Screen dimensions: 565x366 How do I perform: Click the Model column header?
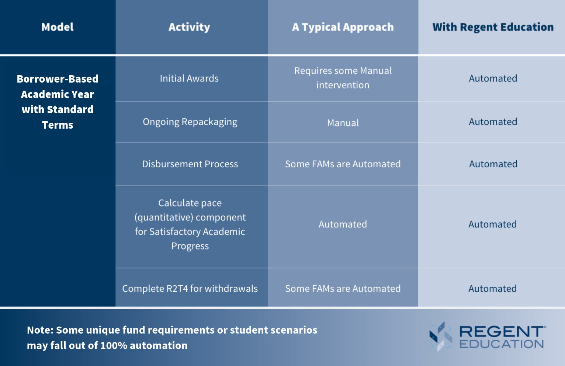(x=58, y=27)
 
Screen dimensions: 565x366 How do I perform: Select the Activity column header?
(x=189, y=27)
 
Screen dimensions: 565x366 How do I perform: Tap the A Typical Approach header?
(x=343, y=27)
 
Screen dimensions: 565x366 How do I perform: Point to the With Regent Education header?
(x=493, y=27)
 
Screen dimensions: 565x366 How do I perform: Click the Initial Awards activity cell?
(x=189, y=79)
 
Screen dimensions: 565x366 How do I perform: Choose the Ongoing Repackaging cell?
(x=190, y=122)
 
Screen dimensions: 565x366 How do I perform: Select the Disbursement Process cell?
(x=190, y=164)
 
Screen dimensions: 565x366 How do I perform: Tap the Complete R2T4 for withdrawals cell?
(x=190, y=289)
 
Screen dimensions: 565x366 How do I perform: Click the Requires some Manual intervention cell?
(x=343, y=78)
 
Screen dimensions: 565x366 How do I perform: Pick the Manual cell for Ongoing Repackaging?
(x=343, y=123)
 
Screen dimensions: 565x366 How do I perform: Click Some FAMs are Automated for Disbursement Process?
(x=343, y=164)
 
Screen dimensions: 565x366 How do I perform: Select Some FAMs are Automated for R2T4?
(x=343, y=289)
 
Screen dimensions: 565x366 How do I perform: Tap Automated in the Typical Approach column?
(x=343, y=224)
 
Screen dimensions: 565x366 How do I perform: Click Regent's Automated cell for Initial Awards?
(x=493, y=79)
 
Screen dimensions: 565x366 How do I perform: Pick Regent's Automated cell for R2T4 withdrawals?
(x=493, y=289)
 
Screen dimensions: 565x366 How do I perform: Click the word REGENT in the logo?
(x=501, y=331)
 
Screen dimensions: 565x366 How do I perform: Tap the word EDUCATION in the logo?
(x=502, y=344)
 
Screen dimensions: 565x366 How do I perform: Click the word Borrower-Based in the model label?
(x=58, y=79)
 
